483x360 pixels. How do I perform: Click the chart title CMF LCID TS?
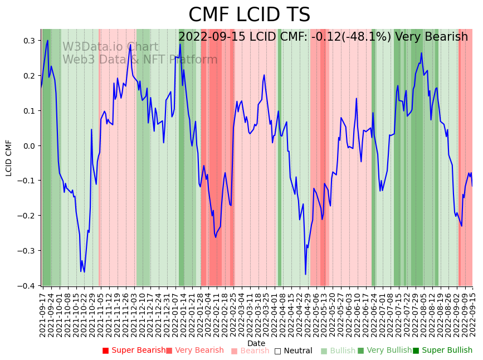(249, 15)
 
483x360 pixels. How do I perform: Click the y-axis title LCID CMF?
(8, 158)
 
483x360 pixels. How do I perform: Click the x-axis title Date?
(256, 343)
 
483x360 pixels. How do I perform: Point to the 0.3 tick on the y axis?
(28, 41)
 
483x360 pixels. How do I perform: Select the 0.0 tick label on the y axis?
(28, 145)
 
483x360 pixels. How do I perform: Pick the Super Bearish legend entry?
(134, 351)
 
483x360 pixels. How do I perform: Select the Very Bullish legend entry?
(384, 351)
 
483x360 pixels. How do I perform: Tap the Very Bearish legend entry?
(194, 351)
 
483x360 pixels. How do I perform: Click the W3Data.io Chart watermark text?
(110, 47)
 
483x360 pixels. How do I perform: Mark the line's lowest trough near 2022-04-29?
(305, 274)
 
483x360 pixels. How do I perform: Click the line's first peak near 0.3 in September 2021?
(48, 40)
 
